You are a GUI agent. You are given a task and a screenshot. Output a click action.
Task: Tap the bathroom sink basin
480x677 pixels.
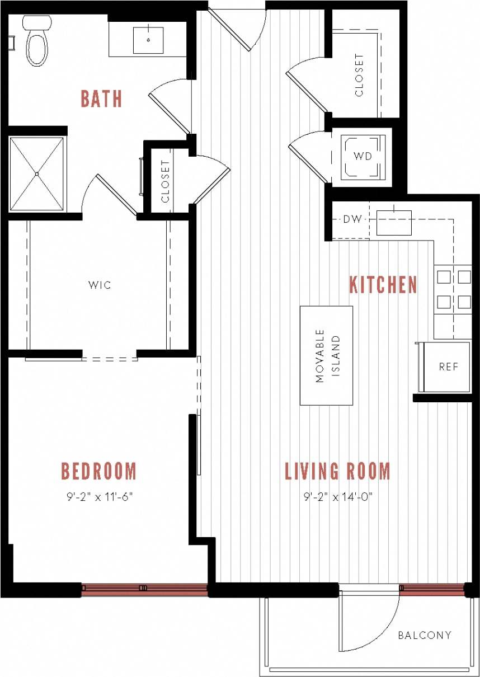(x=148, y=40)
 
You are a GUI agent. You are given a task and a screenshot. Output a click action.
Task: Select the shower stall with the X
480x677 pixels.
(x=37, y=174)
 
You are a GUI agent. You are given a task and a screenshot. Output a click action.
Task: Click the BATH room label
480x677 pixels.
(x=101, y=98)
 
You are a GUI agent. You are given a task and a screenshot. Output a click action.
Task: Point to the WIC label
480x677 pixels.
(x=100, y=285)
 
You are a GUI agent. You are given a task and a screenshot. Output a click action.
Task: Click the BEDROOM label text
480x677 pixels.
(x=99, y=471)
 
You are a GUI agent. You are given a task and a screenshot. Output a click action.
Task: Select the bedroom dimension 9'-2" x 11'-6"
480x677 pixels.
(x=99, y=496)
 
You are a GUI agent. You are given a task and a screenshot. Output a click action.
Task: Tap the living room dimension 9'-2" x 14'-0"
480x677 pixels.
(x=338, y=496)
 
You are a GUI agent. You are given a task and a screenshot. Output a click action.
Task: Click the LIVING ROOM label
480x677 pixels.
(x=338, y=471)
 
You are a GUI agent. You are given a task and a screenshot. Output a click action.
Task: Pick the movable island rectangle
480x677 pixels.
(x=326, y=355)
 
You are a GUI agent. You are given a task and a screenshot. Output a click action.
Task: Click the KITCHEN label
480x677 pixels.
(x=383, y=285)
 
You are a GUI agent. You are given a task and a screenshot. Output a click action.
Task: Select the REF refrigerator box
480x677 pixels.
(x=448, y=367)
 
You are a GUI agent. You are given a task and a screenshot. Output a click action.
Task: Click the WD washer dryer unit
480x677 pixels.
(x=363, y=156)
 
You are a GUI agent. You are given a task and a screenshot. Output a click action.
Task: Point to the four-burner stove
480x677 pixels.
(x=454, y=289)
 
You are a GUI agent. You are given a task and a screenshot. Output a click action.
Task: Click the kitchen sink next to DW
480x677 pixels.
(x=394, y=222)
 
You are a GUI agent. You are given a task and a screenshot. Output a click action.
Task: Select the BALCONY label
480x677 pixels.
(x=425, y=635)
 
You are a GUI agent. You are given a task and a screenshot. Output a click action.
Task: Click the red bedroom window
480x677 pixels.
(x=144, y=587)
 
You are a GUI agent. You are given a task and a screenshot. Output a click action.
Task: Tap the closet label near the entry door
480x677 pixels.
(x=359, y=75)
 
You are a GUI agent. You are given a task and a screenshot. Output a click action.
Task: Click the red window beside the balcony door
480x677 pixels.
(x=432, y=587)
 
